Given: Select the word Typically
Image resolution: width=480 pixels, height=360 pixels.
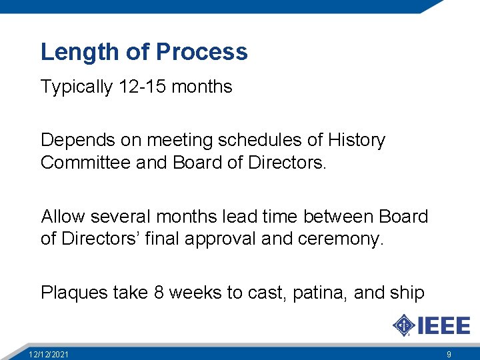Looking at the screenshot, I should [x=77, y=87].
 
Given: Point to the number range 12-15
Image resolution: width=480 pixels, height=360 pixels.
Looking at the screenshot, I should [x=141, y=87].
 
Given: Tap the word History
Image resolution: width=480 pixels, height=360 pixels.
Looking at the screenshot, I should [x=356, y=141].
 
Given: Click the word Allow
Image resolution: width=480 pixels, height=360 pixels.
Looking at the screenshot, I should [x=63, y=217].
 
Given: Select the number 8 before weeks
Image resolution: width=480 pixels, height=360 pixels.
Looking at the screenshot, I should [x=159, y=293].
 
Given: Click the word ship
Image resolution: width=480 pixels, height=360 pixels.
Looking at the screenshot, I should [x=408, y=293].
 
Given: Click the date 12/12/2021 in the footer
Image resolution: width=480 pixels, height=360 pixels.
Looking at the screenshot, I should [x=48, y=354].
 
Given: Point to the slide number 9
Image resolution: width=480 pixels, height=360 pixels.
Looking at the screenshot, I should [x=449, y=354].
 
